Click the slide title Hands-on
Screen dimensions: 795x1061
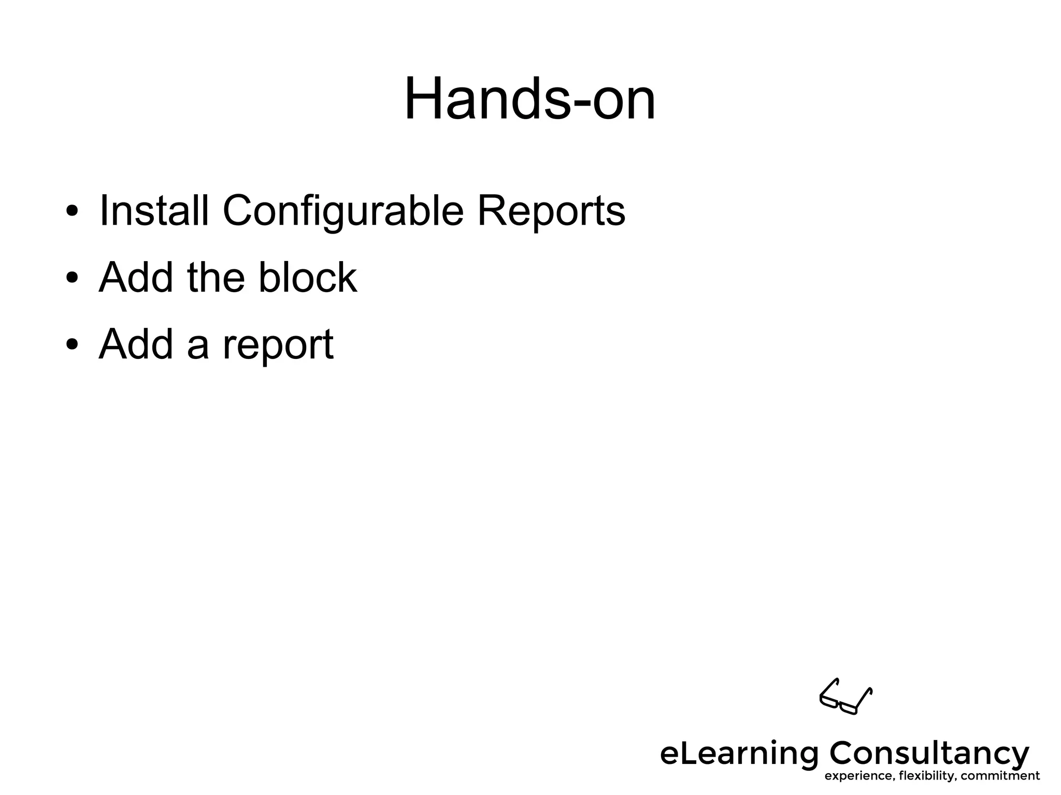click(529, 98)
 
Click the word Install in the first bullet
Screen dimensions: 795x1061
click(154, 211)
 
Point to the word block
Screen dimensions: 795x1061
click(307, 278)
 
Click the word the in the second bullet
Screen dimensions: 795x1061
click(216, 278)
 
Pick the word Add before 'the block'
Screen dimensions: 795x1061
click(136, 278)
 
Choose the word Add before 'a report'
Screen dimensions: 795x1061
click(136, 344)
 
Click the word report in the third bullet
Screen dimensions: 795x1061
click(278, 346)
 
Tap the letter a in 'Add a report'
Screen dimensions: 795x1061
click(197, 347)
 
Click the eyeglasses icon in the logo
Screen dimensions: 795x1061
click(845, 697)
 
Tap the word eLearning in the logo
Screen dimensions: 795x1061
click(738, 754)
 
